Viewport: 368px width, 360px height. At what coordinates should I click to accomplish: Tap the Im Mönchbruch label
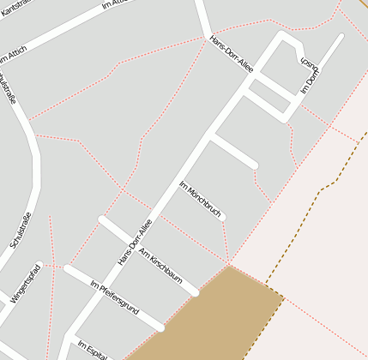(200, 199)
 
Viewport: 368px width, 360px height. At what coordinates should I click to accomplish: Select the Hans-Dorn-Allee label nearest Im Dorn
(232, 53)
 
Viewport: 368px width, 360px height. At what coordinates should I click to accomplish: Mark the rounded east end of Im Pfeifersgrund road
(160, 327)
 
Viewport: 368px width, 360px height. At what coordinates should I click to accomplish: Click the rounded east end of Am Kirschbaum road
(196, 292)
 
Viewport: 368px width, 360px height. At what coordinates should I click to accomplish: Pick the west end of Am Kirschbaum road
(102, 219)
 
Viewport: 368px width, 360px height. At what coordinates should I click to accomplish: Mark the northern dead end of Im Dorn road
(341, 37)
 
